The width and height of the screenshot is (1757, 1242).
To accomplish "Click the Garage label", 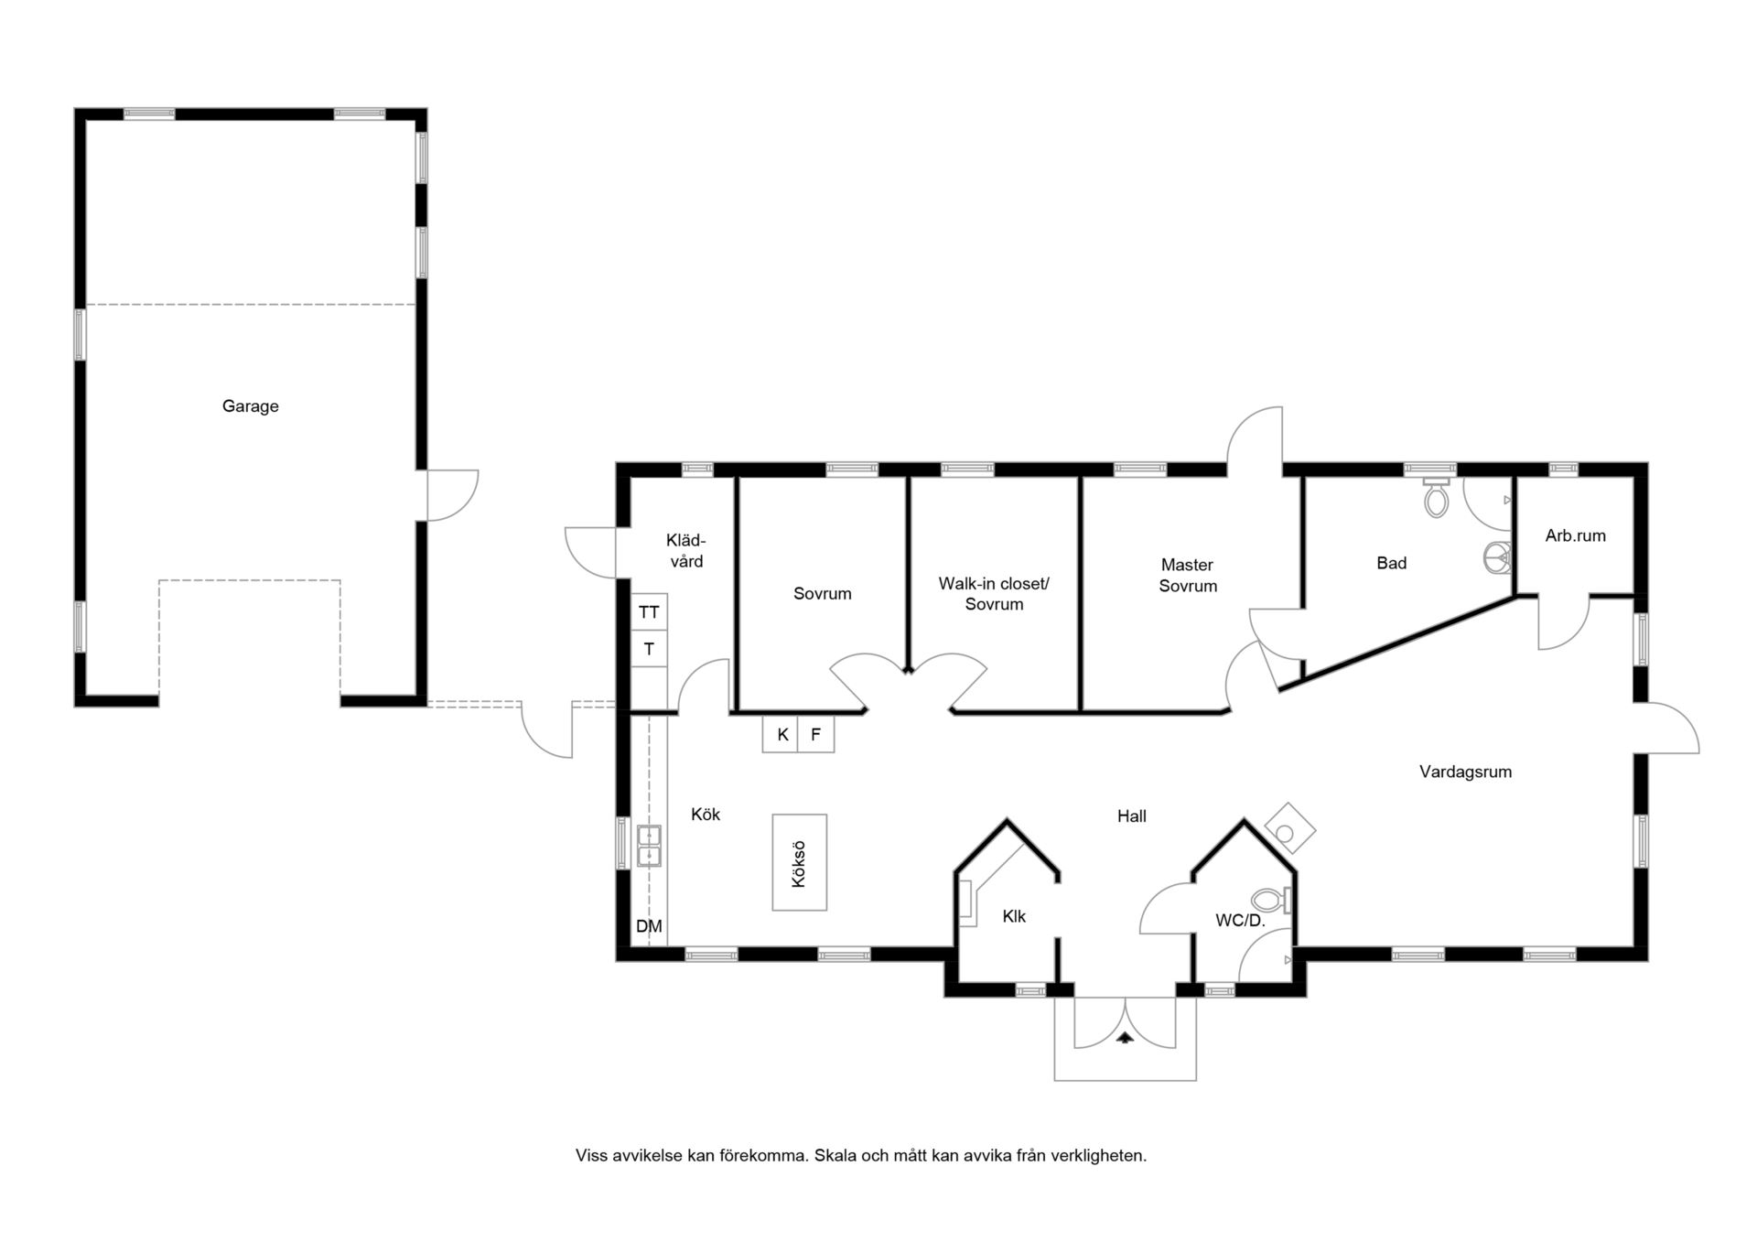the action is coord(250,406).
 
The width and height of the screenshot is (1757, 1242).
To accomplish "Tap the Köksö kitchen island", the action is coord(800,862).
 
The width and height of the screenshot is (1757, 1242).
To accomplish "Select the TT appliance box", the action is coord(649,612).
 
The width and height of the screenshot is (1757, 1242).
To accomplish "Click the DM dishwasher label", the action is coord(649,926).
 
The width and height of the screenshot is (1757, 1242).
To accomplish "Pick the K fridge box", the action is coord(781,734).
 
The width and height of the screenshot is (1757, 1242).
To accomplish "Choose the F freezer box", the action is coord(816,734).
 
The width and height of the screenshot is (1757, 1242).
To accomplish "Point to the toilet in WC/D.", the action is coord(1271,901).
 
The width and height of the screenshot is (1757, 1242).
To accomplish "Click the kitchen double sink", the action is coord(649,846).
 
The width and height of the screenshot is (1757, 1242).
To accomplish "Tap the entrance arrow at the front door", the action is coord(1125,1037).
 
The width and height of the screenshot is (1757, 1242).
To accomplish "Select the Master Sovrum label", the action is coord(1188,576).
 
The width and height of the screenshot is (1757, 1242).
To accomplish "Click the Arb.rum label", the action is coord(1575,536).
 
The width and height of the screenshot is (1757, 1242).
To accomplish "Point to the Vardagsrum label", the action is coord(1465,772).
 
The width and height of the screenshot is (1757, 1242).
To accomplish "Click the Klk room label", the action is coord(1014,916).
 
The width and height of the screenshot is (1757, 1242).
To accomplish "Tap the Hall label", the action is coord(1131,816).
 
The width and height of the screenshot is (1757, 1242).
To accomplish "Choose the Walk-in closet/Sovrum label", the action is coord(994,594).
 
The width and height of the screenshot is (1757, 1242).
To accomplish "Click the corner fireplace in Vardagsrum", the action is coord(1290,828).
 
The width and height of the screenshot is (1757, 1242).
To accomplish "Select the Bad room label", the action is coord(1391,564).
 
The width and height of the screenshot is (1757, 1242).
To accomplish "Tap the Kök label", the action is coord(706,815).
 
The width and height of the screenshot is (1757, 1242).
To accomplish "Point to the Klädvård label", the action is coord(686,551).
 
